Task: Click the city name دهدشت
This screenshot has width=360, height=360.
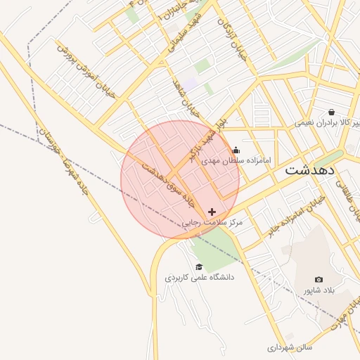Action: click(x=310, y=170)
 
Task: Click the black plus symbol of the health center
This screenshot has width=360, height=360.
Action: click(x=212, y=212)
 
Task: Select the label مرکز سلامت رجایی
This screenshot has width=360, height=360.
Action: click(x=212, y=222)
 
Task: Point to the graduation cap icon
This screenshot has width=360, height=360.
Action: click(x=199, y=266)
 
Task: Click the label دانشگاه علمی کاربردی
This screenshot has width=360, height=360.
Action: click(x=200, y=277)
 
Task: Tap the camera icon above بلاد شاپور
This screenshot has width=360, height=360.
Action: click(x=319, y=280)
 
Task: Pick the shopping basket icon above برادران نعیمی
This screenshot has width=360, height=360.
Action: click(x=331, y=111)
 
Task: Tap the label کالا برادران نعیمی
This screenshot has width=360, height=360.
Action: click(x=328, y=122)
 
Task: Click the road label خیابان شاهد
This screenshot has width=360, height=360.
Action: click(x=186, y=97)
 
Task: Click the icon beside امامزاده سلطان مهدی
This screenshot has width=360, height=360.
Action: click(x=236, y=150)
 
